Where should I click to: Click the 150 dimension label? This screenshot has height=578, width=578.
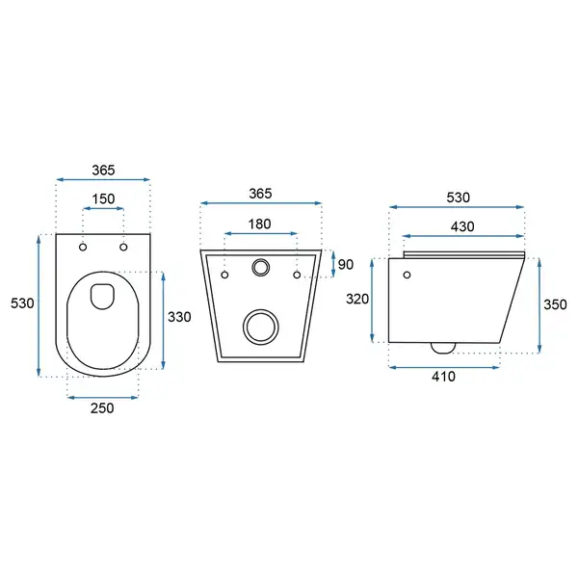(103, 199)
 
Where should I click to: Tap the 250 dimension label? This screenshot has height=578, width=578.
(102, 408)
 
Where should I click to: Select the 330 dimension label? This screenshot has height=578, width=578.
(179, 317)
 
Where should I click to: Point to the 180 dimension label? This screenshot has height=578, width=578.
(259, 224)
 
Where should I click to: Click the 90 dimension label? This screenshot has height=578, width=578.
(346, 265)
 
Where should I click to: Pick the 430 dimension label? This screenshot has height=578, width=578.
(462, 226)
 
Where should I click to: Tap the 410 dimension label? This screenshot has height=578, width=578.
(443, 377)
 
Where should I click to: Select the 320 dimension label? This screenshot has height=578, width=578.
(357, 299)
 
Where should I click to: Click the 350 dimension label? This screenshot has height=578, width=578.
(555, 304)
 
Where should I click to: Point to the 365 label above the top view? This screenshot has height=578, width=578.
(104, 171)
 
